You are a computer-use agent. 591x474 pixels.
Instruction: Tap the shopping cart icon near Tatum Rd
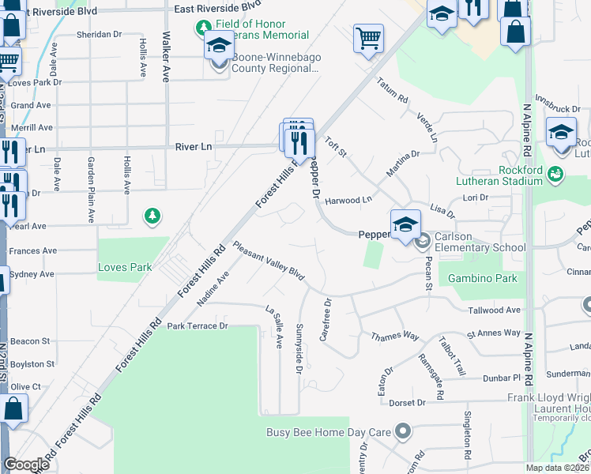coord(368,37)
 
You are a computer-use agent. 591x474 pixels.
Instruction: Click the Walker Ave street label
coord(166,57)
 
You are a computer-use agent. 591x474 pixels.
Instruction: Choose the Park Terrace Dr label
coord(197,325)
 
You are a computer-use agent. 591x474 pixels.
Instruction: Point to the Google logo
coord(26,465)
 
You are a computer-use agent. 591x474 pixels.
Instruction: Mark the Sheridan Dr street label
coord(100,35)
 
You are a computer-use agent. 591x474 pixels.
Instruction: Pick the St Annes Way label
coord(494,333)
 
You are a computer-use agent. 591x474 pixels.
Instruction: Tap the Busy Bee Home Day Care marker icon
coord(403,431)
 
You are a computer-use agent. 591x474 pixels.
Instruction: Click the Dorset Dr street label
coord(407,402)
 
